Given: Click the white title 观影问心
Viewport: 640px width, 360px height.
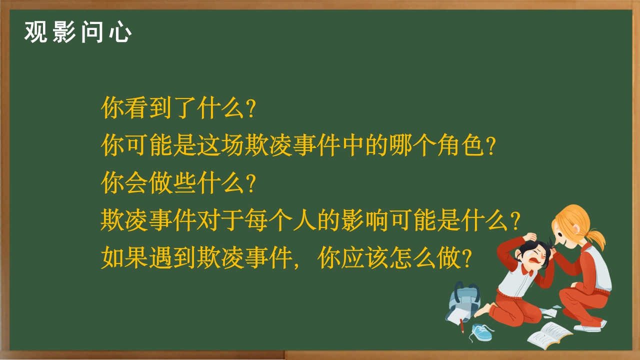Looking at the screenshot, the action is point(77,32).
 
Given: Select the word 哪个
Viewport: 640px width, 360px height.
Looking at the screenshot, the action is point(413,145).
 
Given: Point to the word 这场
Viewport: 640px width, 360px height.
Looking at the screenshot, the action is point(220,145).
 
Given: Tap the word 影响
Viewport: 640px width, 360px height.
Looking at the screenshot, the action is point(365,220).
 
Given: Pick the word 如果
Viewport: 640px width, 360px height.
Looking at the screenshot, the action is point(124,258).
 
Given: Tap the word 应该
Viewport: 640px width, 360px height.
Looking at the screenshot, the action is point(365,258).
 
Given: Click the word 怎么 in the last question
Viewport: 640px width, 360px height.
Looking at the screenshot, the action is point(413,258).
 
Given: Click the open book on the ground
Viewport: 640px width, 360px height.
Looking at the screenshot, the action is point(549,335).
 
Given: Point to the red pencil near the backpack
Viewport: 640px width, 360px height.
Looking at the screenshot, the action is point(461,325).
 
